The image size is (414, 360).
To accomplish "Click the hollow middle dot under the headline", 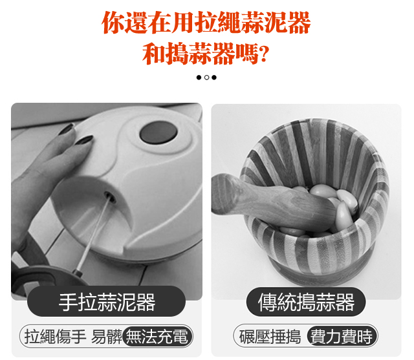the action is point(206,78).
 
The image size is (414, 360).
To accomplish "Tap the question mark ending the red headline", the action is point(264,54).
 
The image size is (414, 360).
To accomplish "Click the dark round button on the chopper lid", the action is point(158,132).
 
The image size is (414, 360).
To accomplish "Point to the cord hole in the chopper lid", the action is point(110,196).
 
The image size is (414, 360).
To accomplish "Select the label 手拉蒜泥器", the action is point(107,302).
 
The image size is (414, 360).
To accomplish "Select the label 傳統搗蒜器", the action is point(306,302).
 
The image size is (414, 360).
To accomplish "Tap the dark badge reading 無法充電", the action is point(158,336).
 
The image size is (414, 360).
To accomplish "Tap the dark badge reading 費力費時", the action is point(342,336).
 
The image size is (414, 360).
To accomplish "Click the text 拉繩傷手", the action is point(55,337).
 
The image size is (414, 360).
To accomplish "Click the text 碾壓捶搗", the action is point(270,337).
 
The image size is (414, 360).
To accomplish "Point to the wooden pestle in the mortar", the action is point(272,200).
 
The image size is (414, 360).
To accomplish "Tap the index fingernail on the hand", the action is point(84,140).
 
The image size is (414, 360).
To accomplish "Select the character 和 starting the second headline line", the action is point(154,54).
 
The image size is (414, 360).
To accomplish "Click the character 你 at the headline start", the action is point(113,23).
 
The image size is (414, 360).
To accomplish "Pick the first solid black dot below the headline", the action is point(199,78).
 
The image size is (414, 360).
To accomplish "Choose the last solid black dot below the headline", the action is point(214,78).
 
